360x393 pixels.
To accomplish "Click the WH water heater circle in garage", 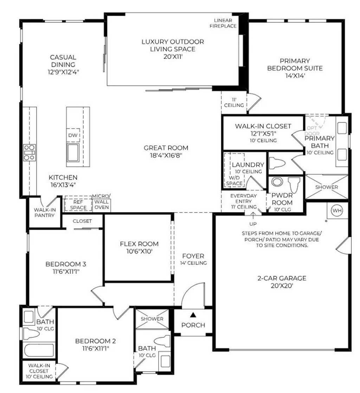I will coord(337,210).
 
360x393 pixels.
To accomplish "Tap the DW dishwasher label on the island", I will coord(73,135).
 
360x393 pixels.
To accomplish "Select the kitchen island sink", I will coord(73,152).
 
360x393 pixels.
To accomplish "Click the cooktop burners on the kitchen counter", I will coord(29,152).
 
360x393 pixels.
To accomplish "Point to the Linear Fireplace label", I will coord(223,23).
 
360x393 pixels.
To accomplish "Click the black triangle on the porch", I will coord(193,314).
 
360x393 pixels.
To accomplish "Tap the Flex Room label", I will coord(139,243).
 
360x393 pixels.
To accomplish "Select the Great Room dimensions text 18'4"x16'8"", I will coord(166,155).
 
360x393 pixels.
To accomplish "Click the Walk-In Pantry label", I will coord(44,212).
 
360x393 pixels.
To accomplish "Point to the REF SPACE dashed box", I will coord(78,204).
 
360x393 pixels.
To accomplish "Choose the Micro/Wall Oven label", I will coord(101,202).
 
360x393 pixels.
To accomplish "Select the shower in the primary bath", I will coord(326,187).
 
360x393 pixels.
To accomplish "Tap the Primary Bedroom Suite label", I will coord(295,64).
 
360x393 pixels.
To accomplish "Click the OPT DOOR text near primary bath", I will coord(312,131).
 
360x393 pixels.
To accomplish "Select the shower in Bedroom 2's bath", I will coord(152,319).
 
